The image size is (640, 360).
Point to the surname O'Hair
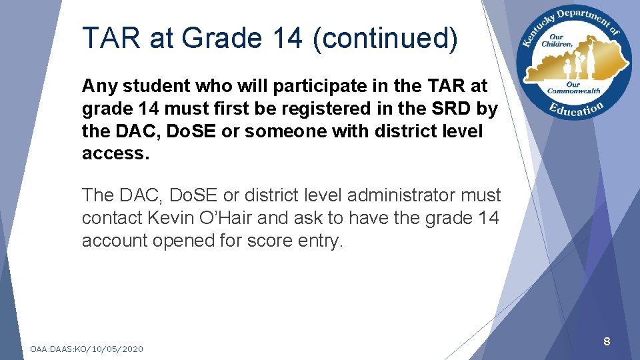(225, 218)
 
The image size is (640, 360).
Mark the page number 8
(607, 342)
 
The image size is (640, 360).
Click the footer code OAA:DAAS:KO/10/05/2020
(87, 349)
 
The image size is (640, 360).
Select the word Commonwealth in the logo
(575, 91)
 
